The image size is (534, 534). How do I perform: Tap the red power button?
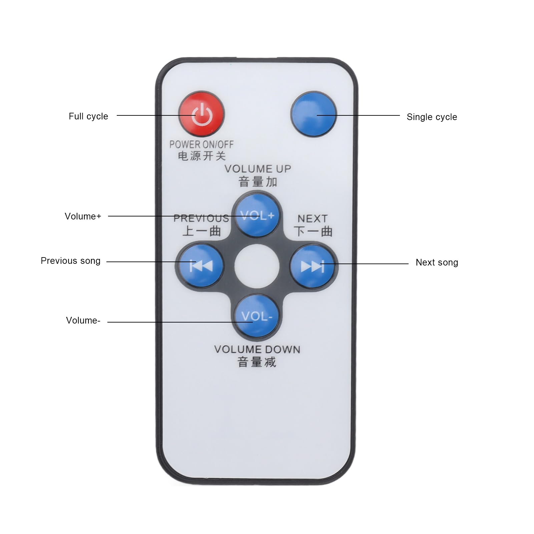201,114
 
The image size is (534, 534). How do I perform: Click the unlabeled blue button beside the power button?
314,114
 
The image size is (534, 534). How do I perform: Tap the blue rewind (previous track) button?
200,266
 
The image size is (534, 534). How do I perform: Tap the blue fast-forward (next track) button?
313,266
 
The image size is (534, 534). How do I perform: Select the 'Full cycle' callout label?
88,116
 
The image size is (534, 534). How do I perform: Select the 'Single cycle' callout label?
432,117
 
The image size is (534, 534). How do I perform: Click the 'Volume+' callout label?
83,216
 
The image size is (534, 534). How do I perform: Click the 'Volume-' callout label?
83,321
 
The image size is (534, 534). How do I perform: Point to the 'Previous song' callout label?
70,261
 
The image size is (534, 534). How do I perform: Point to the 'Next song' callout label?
437,262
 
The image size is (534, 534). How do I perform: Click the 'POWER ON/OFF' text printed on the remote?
201,144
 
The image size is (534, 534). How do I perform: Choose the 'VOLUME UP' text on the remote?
258,169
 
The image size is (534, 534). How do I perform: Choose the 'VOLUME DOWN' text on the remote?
257,350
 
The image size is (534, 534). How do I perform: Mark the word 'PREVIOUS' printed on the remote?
201,218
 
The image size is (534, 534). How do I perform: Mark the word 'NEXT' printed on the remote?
313,219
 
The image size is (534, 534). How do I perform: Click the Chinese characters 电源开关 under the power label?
201,156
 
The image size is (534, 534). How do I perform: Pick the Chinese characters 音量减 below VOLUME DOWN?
257,362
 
